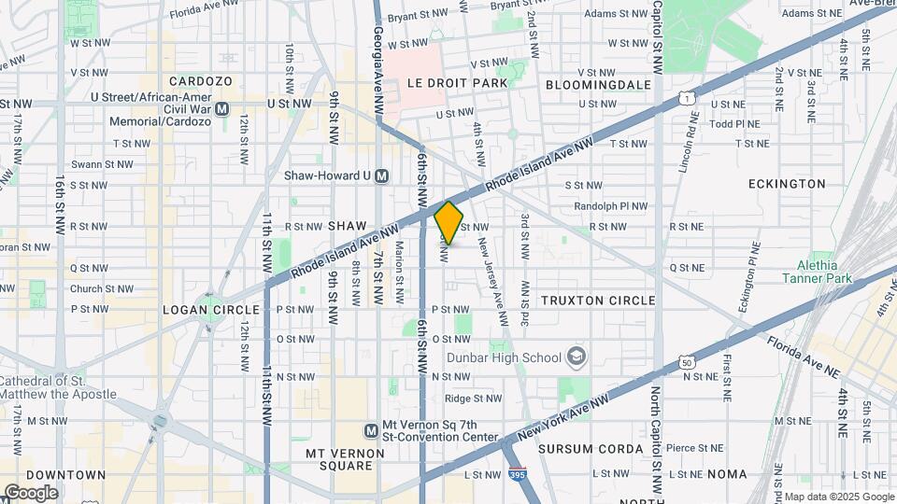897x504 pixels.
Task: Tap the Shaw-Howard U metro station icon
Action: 382,175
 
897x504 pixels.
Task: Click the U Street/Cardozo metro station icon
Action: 222,109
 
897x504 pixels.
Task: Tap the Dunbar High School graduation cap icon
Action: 577,357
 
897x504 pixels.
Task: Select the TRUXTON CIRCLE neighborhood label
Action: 598,301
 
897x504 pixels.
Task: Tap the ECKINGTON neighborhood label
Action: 787,184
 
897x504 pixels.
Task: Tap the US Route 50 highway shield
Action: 687,360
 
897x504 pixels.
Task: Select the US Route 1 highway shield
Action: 687,97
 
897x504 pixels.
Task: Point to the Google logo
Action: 30,492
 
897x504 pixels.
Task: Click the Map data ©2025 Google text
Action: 838,497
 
